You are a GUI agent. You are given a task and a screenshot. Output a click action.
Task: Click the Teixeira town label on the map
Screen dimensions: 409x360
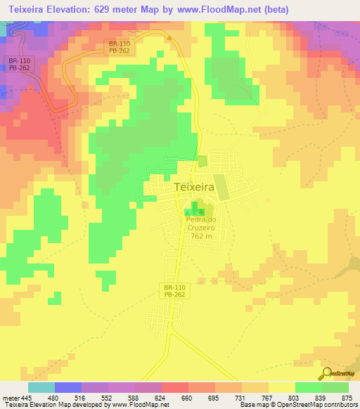coord(193,188)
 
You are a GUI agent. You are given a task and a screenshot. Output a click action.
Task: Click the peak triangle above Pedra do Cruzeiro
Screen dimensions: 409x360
coord(201,212)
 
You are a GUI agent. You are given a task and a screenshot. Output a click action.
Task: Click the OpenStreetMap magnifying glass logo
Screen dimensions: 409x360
coord(326,372)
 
